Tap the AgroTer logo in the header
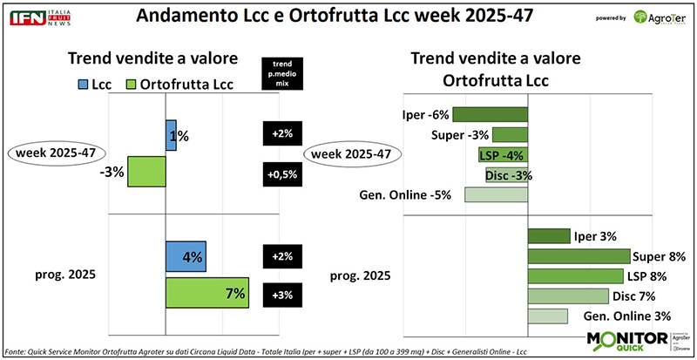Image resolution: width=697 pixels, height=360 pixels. tap(654, 18)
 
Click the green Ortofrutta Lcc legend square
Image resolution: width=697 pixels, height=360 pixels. tap(133, 84)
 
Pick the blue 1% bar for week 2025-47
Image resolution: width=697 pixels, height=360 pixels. tap(171, 135)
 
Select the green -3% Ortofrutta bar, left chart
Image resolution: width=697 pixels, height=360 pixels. tap(146, 172)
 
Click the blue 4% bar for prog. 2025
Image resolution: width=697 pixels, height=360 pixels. tap(186, 257)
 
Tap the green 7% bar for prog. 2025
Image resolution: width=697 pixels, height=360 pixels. tap(207, 294)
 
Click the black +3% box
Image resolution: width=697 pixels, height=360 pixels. tap(281, 294)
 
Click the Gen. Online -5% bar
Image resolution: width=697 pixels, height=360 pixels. tap(495, 194)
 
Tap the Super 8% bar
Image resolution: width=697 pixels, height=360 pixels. tap(579, 256)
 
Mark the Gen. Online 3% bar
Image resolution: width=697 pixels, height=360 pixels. tap(547, 316)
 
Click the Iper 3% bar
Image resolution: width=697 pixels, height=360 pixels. tap(549, 236)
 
